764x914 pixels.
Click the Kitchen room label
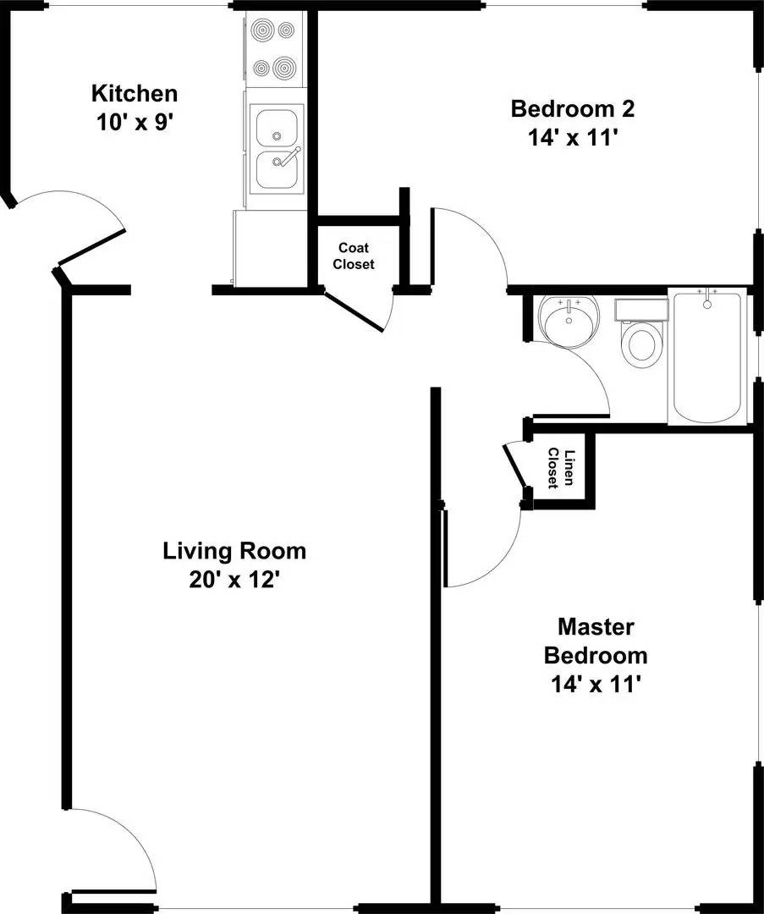pyautogui.click(x=135, y=93)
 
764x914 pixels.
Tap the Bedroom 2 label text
pyautogui.click(x=572, y=109)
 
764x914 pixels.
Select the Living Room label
pyautogui.click(x=234, y=551)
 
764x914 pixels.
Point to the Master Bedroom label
pyautogui.click(x=596, y=641)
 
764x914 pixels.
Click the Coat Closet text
pyautogui.click(x=354, y=256)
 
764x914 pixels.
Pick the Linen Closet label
pyautogui.click(x=561, y=468)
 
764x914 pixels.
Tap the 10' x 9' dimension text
pyautogui.click(x=135, y=123)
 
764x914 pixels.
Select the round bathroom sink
pyautogui.click(x=569, y=322)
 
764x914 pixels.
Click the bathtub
pyautogui.click(x=707, y=356)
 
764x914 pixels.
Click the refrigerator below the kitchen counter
pyautogui.click(x=269, y=249)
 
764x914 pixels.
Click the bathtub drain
pyautogui.click(x=707, y=304)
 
